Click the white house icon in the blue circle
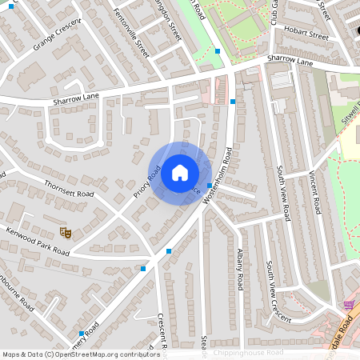coord(180,172)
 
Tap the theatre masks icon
coord(67,232)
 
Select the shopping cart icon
coord(348,305)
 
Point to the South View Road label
coord(282,193)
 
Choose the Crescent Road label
coord(161,331)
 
